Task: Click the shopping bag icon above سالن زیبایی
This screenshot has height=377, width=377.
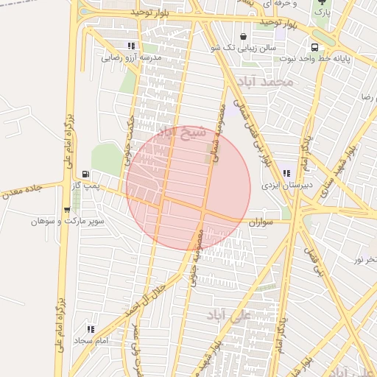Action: tap(242, 36)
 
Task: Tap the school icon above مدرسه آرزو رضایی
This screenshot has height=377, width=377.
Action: tap(131, 46)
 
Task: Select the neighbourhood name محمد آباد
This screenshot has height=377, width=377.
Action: tap(267, 81)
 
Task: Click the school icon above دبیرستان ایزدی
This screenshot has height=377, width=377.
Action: tap(286, 174)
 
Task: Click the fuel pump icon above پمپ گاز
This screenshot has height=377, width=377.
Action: tap(88, 175)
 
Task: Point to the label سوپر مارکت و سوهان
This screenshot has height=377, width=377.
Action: tap(68, 220)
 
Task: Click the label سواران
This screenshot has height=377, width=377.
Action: tap(261, 221)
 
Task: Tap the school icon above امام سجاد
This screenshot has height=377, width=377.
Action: tap(91, 329)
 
